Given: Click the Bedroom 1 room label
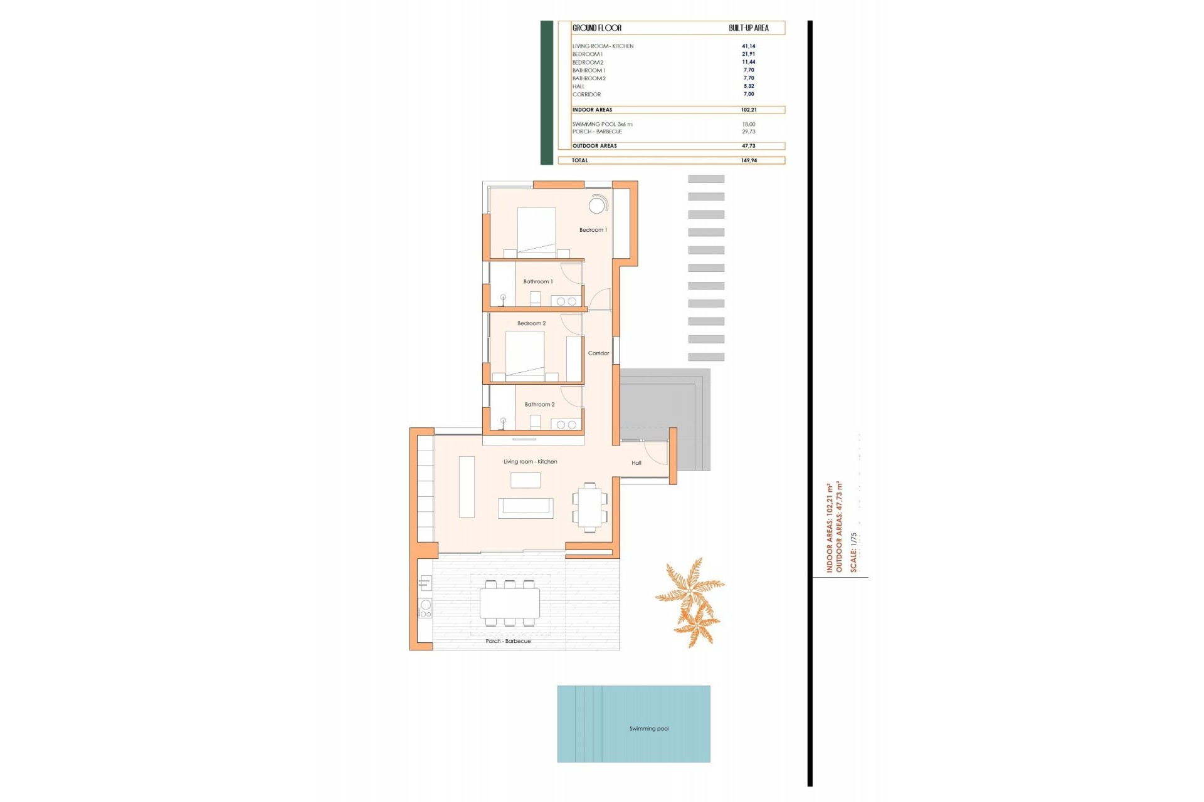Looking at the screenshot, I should pos(593,230).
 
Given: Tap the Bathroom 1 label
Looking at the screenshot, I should pos(538,282).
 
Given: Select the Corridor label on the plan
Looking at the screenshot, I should pos(598,353).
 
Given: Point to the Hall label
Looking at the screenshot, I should pos(636,463).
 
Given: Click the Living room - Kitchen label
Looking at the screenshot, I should pos(530,462).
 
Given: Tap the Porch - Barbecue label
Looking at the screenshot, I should pos(508,641).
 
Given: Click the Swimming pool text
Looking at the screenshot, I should pos(649,729).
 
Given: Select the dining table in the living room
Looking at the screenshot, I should pos(589,508).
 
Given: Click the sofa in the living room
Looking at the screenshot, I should pos(525,508).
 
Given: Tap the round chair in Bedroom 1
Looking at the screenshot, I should pos(597,205).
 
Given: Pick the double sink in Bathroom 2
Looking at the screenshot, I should pos(566,425).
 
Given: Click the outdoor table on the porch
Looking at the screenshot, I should pos(509,603).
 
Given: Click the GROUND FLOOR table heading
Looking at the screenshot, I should pos(596,28).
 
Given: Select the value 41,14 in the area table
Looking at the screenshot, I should pos(748,46).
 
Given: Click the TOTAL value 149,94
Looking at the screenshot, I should pos(749,160).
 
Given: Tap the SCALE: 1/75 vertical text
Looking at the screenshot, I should pos(853,552).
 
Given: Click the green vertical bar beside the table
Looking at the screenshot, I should pos(546,93).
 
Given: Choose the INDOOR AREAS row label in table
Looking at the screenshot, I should pos(592,110).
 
